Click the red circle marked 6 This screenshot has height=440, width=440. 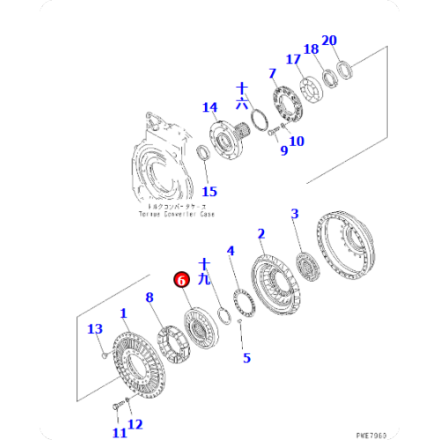pos(181,280)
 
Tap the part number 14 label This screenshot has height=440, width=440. pos(209,108)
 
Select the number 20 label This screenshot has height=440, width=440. pos(329,40)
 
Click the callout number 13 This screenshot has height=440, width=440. pos(94,329)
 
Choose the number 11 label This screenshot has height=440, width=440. pos(118,432)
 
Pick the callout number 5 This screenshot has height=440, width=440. pos(246,357)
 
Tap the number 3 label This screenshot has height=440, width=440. pos(296,213)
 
